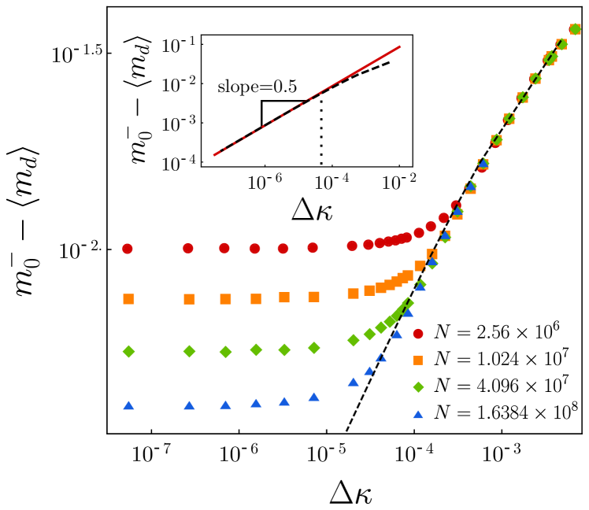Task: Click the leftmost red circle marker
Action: [x=128, y=249]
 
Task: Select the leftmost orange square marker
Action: [x=128, y=299]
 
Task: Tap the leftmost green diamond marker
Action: [x=128, y=352]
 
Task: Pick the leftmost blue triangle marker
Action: [x=128, y=405]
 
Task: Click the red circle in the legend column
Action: [x=418, y=334]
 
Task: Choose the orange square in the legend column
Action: [x=418, y=360]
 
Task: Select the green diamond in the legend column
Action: [x=418, y=387]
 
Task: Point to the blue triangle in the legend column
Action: [x=418, y=415]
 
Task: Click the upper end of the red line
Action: [x=400, y=46]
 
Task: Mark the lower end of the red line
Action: [x=214, y=155]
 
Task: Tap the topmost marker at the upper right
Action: [x=575, y=29]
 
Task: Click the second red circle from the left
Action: [x=188, y=249]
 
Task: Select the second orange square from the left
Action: [x=189, y=299]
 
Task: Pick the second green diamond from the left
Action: [x=189, y=351]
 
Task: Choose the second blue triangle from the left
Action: [x=189, y=405]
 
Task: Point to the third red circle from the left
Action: [x=224, y=248]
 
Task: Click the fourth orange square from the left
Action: [x=256, y=299]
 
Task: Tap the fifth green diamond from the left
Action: [x=284, y=349]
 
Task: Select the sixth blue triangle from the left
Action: [x=313, y=397]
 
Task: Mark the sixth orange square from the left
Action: [x=313, y=297]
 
